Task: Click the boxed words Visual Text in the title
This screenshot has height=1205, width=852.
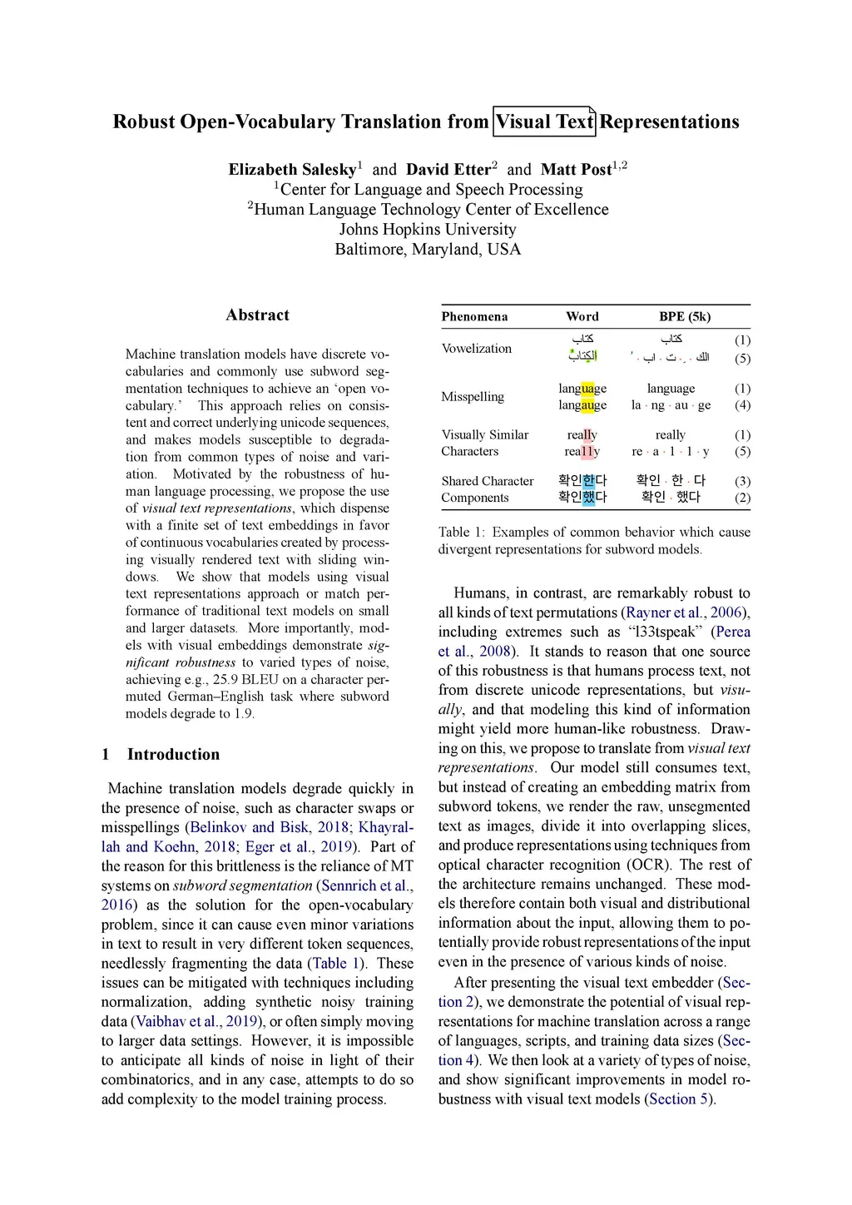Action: pos(545,122)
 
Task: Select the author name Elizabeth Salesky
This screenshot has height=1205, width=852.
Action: pos(292,170)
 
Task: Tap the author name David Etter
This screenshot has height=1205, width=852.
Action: pos(448,170)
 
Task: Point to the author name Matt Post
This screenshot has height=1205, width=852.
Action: pos(576,170)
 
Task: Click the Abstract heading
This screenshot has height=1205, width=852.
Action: pos(257,315)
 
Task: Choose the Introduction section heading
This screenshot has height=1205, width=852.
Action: pos(173,755)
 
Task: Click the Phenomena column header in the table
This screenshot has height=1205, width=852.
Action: pos(474,317)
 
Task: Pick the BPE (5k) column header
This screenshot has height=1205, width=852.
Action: pos(684,317)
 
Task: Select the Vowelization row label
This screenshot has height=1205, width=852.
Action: pos(476,349)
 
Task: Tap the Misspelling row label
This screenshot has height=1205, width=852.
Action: pos(472,397)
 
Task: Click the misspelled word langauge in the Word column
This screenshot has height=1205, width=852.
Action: pos(582,405)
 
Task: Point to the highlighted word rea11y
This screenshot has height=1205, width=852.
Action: pos(582,452)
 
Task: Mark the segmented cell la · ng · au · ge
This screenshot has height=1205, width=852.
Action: pos(671,405)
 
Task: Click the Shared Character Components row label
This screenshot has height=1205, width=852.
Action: pos(487,489)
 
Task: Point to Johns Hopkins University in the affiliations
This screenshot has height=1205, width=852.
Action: pos(428,230)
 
